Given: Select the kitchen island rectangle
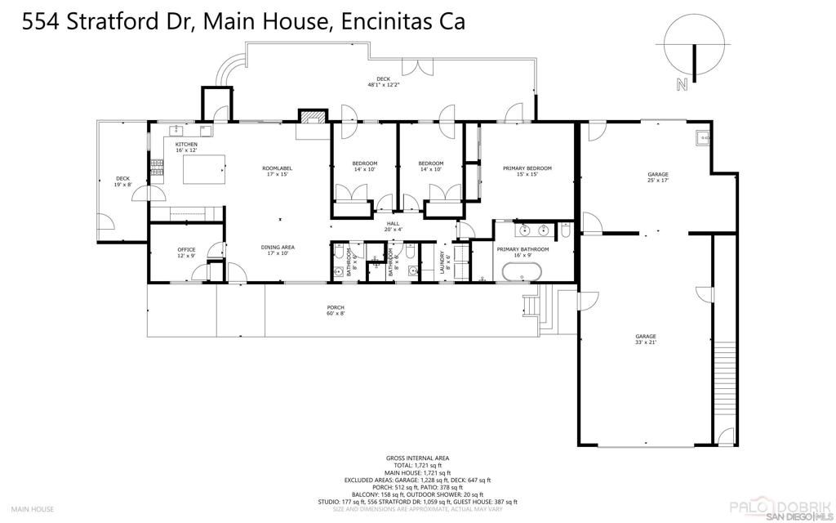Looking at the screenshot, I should point(203,170).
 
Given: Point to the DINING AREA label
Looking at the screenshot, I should point(278,250).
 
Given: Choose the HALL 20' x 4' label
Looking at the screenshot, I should point(394,226).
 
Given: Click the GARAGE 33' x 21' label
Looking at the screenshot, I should point(646,339).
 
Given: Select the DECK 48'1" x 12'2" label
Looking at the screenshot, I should point(383,82).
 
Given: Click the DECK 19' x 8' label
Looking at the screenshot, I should point(122,181).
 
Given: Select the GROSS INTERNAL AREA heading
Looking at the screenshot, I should point(417,458).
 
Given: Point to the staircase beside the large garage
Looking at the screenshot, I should point(723,384).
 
